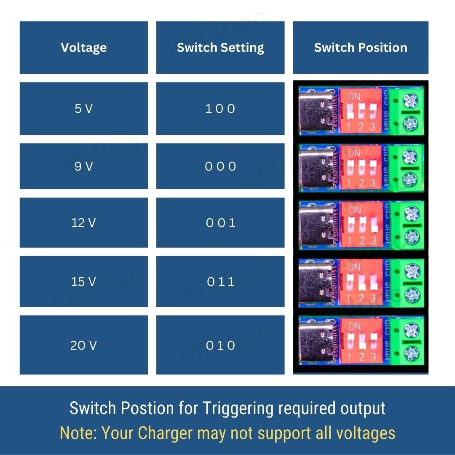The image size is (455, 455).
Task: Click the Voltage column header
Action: coord(83,48)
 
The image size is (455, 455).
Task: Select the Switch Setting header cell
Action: coord(220,48)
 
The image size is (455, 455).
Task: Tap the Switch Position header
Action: coord(361,48)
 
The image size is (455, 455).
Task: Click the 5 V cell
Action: coord(83,109)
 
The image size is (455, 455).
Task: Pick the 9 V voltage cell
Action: coord(83,166)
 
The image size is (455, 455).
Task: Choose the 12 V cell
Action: coord(83,222)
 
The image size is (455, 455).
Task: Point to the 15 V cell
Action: coord(83,281)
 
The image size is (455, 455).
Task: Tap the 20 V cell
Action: coord(83,345)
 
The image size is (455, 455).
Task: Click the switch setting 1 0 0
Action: coord(220,109)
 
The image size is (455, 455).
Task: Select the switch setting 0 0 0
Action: coord(220,166)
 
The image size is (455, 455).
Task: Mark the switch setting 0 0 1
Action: coord(220,222)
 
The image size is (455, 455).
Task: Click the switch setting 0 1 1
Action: coord(220,281)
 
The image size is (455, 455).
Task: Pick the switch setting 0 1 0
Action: coord(220,345)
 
